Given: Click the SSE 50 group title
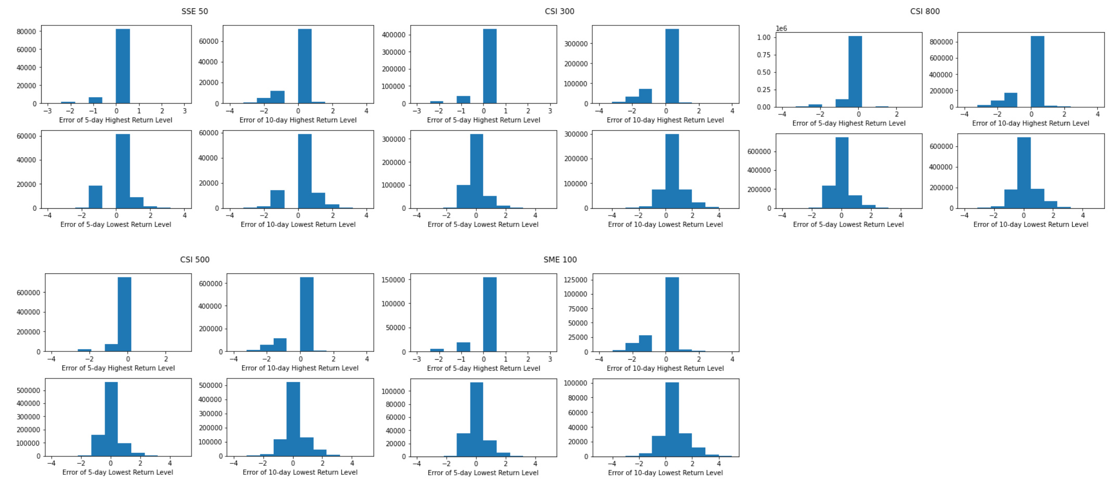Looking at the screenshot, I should point(195,11).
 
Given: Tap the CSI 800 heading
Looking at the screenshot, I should point(924,11).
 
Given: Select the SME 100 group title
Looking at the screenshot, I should point(560,260).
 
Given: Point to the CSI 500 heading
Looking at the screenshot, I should point(195,260).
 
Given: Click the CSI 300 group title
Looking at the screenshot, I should point(560,11).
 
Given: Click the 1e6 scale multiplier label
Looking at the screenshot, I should point(781,29).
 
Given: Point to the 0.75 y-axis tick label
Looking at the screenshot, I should point(764,55).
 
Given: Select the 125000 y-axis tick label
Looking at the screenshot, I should point(576,280).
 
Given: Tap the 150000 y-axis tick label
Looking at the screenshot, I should point(393,280).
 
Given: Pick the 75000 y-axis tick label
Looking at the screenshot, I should point(578,309).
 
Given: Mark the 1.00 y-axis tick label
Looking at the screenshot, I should point(764,37).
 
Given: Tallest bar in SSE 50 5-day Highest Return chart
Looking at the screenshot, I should point(123,66).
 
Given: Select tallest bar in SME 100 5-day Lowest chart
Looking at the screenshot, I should point(476,419).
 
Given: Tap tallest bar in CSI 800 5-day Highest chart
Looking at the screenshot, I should point(855,71).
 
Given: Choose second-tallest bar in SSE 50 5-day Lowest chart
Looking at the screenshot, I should point(95,196).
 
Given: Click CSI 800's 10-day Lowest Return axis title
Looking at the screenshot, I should point(1031,225).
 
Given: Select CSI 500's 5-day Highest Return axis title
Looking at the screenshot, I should point(118,369).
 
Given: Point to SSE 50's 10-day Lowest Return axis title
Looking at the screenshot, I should point(298,225).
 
